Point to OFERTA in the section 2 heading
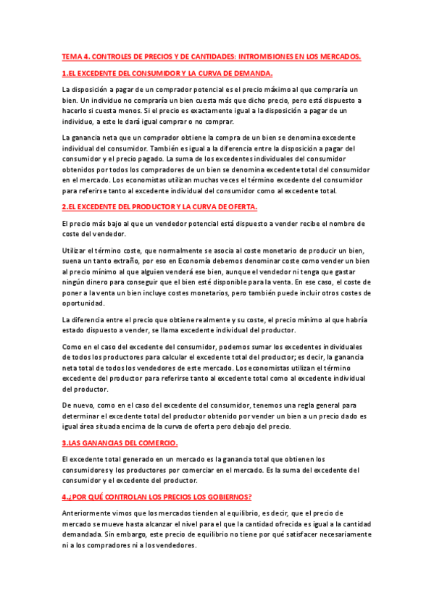(240, 206)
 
